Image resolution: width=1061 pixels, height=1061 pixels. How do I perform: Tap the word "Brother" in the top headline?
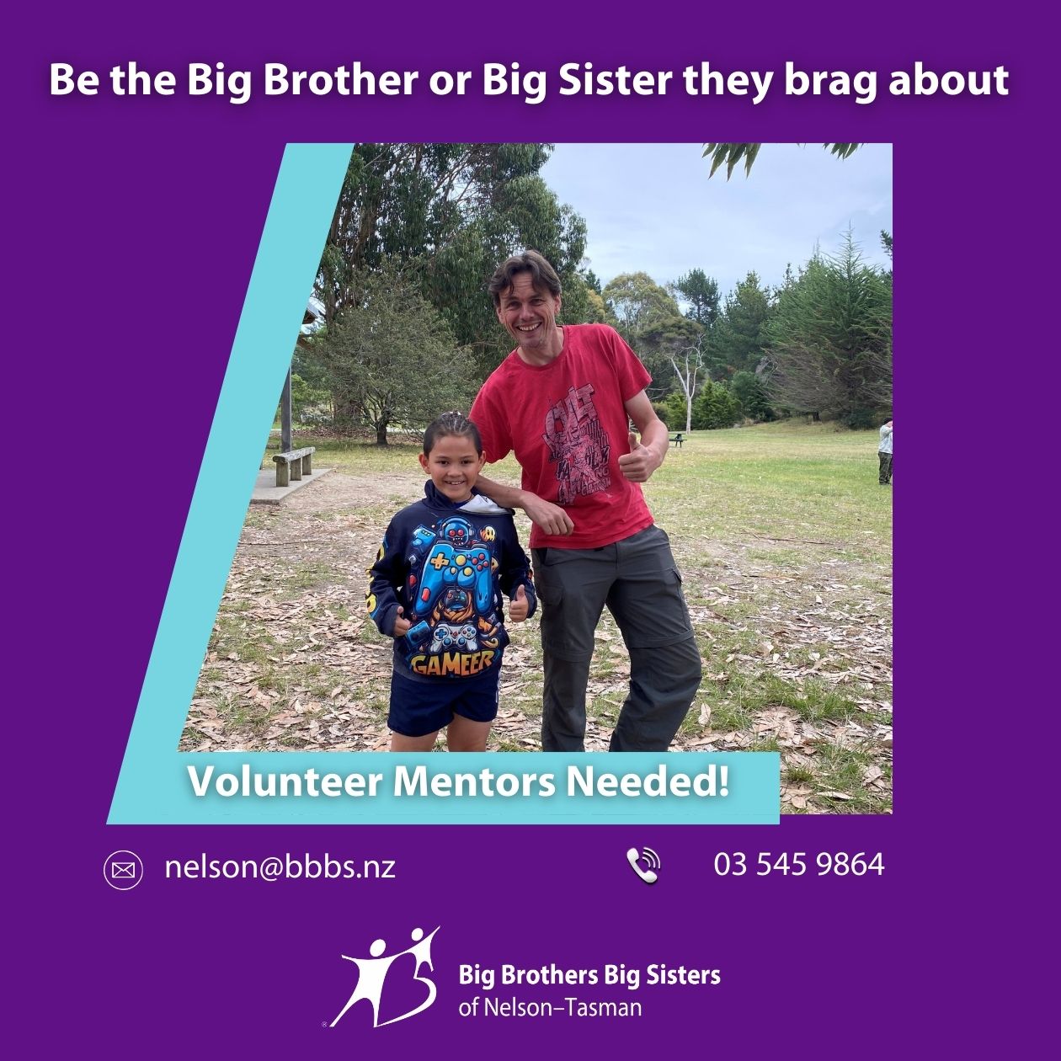343,80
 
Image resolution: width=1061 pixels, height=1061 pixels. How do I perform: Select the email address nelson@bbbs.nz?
280,867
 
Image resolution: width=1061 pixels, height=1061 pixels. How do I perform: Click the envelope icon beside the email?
123,870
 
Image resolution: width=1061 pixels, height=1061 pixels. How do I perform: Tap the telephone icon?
643,866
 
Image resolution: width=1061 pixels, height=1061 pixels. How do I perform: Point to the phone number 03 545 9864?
799,865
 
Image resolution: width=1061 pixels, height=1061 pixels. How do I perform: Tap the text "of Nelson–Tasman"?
550,1008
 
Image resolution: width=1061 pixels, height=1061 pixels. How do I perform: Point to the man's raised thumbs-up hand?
637,458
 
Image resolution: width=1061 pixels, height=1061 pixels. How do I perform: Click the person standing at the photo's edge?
885,452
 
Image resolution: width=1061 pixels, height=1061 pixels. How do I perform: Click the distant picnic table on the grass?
677,440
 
